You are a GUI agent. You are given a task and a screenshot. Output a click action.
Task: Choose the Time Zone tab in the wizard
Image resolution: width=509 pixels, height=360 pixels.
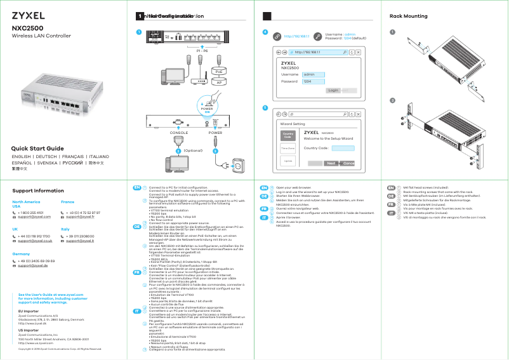pos(288,149)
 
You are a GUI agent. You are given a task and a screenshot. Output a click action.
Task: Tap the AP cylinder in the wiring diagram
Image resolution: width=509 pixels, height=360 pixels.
pos(219,83)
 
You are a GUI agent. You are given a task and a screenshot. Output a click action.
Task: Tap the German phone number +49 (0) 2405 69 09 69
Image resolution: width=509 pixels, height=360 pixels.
pos(36,261)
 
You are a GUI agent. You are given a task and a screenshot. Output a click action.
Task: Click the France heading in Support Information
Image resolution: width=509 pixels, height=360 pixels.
pos(67,201)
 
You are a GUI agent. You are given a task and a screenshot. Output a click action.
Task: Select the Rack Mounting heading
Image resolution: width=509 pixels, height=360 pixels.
pos(407,16)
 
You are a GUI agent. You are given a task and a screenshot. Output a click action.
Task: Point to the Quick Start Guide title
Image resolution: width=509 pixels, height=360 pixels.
pos(38,148)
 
